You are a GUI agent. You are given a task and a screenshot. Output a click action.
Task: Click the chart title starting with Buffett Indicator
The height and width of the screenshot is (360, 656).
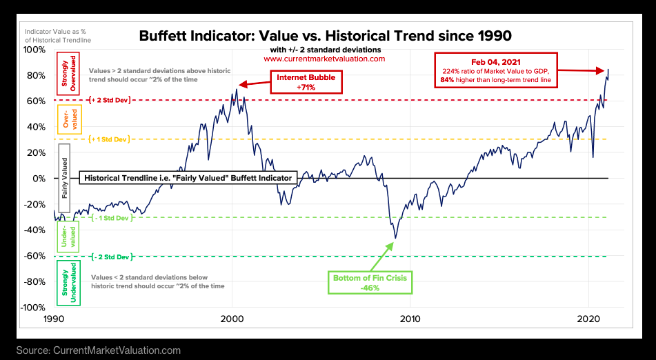tap(326, 35)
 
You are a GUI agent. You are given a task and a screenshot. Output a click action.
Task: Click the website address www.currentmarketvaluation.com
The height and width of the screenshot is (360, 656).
tap(324, 59)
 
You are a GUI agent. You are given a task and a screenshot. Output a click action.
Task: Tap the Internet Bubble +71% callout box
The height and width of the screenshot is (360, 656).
tap(306, 82)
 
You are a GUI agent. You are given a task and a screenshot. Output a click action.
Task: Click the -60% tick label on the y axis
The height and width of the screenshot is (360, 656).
tap(34, 256)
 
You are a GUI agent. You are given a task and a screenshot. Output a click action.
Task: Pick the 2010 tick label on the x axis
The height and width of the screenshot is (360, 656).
tap(410, 320)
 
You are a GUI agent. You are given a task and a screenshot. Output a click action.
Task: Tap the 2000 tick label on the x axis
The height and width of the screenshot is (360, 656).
tap(232, 320)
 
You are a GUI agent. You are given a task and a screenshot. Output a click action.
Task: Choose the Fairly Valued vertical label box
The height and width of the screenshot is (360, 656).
tap(66, 177)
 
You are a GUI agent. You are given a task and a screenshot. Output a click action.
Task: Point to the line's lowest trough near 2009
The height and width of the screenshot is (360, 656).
tap(395, 239)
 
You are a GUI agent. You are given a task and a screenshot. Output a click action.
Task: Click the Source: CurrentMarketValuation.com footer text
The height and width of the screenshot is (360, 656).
tap(99, 350)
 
